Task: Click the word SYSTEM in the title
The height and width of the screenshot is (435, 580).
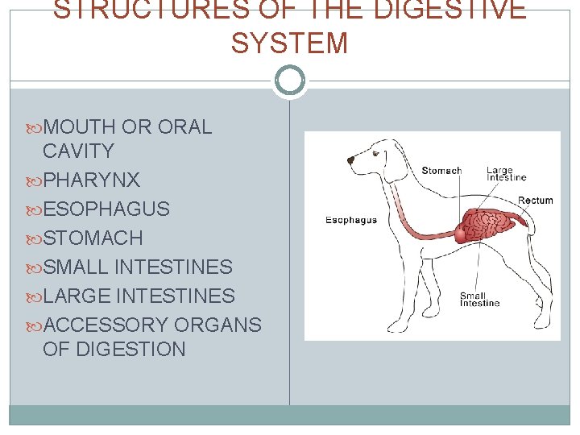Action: pos(289,43)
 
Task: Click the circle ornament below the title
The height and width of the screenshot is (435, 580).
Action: pos(289,81)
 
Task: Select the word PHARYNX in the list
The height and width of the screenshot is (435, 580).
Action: pos(91,180)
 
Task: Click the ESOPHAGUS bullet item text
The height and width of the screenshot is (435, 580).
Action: pos(106,209)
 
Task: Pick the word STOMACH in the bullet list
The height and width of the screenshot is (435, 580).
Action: pos(93,238)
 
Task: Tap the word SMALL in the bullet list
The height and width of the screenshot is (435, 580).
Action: pos(77,267)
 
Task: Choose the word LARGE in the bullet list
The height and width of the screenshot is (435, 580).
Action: pos(77,296)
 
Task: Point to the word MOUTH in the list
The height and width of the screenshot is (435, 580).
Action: pos(80,126)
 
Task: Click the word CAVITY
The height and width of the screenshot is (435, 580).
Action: pos(78,151)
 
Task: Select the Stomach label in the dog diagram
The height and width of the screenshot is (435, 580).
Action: pos(441,171)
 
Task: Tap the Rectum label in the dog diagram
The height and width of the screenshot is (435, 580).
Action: pos(535,200)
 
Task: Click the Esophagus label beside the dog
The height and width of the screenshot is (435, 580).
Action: pos(350,220)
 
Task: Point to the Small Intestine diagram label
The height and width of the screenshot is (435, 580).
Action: pos(479,299)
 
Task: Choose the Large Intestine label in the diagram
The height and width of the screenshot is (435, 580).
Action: pos(506,174)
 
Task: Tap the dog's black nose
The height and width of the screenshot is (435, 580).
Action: pos(350,160)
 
